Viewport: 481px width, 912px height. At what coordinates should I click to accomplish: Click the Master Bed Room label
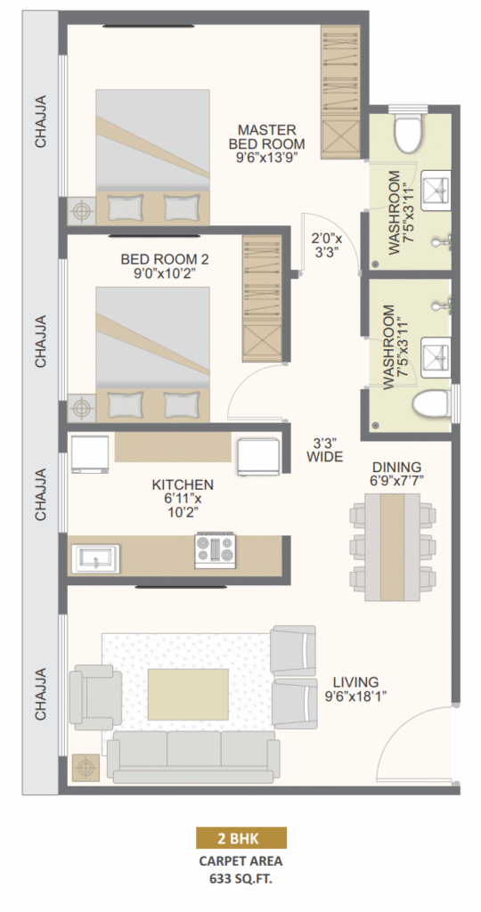(266, 136)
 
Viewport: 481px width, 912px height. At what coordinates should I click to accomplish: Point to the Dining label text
(397, 467)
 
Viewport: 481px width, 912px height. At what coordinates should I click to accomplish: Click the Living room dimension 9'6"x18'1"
(356, 696)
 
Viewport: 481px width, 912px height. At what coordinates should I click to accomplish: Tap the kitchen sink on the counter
(95, 559)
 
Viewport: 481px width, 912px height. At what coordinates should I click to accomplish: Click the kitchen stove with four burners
(216, 550)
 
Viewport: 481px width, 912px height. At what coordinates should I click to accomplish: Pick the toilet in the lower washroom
(431, 405)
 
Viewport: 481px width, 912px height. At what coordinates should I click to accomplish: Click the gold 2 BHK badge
(240, 838)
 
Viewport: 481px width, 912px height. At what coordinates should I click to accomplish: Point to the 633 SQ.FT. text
(240, 878)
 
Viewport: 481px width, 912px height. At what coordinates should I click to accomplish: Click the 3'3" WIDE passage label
(325, 450)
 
